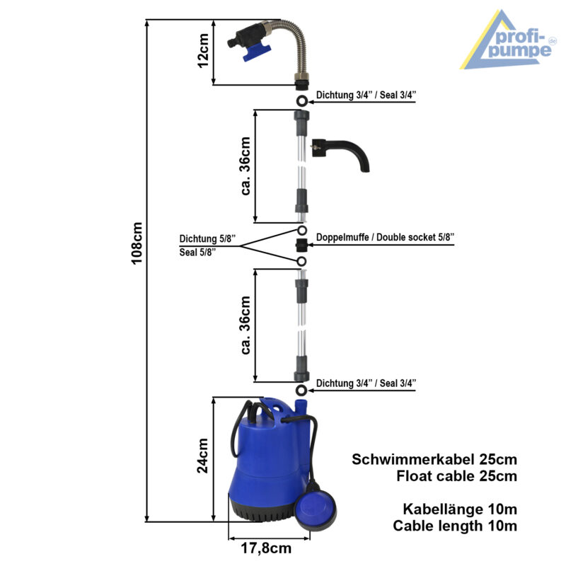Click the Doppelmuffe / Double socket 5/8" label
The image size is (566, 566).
pos(385,236)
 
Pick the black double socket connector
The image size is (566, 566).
pos(301,246)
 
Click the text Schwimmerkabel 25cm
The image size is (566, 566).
pos(434,459)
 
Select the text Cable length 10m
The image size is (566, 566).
pos(455,526)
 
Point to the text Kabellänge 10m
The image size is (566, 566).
pos(460,509)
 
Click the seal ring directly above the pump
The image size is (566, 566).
pos(301,391)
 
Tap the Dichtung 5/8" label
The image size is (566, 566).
pos(207,238)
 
